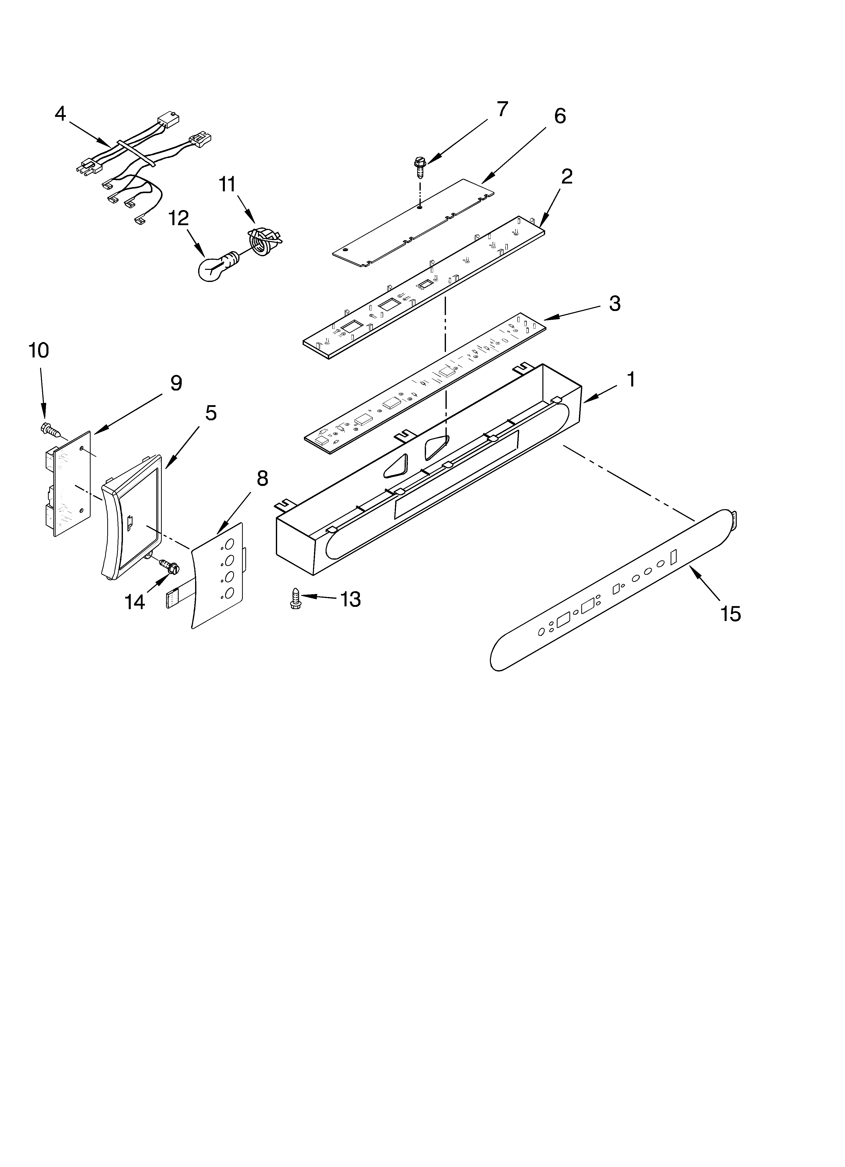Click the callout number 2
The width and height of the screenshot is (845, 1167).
click(x=567, y=176)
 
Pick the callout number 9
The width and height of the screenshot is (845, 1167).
click(x=176, y=383)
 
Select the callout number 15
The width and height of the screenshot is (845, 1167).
click(x=731, y=614)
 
